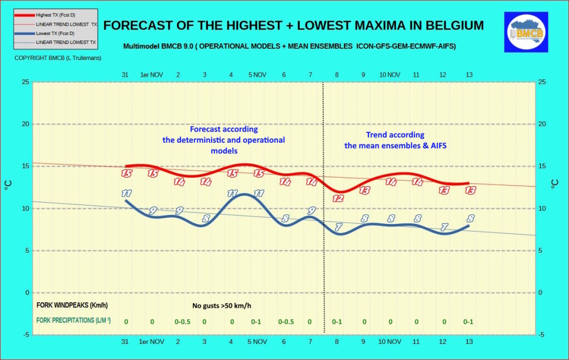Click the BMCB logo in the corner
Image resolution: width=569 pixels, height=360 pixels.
(x=526, y=33)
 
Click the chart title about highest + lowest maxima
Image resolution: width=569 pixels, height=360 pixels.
(x=293, y=26)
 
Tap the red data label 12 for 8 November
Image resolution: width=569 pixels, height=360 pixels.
(x=338, y=198)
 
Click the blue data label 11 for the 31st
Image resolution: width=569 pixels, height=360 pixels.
(x=126, y=193)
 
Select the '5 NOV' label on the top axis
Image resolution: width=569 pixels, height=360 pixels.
(x=257, y=74)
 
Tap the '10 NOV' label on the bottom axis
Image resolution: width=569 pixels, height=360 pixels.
(x=390, y=341)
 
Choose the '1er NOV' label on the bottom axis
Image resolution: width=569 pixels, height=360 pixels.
(x=152, y=341)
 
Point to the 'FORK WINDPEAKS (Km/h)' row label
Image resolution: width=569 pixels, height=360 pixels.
(x=72, y=305)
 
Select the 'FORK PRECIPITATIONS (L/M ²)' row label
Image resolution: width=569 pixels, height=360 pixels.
(x=73, y=321)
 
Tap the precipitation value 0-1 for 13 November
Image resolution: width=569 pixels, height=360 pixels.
(x=468, y=322)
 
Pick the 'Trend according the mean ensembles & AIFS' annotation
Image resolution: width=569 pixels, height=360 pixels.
(x=395, y=141)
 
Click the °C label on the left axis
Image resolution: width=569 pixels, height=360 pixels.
(x=8, y=187)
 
